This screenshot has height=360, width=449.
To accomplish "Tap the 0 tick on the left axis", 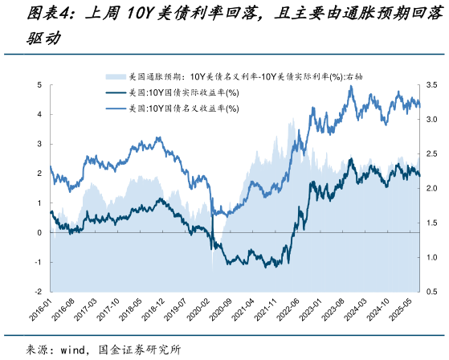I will [39, 232].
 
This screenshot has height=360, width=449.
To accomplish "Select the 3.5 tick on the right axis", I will [431, 84].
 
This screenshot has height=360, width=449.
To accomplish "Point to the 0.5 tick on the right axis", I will [431, 291].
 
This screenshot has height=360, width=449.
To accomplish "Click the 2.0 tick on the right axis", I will [431, 188].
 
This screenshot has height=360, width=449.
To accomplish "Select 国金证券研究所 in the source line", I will [138, 350].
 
